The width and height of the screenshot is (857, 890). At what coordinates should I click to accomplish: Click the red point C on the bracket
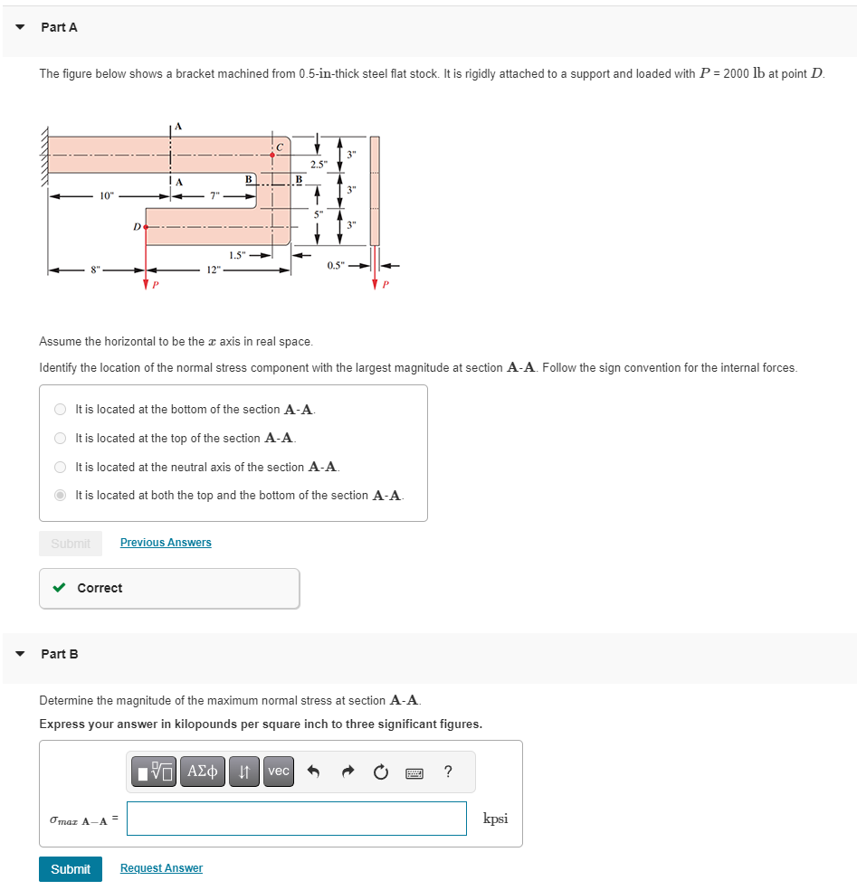tap(272, 155)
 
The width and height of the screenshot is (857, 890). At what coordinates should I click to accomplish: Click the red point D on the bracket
tap(145, 225)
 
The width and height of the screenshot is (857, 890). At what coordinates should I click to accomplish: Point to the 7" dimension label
tap(214, 196)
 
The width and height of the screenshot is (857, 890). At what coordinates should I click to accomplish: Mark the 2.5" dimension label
tap(318, 165)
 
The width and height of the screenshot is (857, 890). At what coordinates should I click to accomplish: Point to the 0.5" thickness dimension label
tap(336, 266)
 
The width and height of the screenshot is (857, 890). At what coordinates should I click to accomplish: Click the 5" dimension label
tap(318, 214)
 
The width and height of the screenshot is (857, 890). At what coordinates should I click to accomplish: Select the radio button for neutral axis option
tap(60, 467)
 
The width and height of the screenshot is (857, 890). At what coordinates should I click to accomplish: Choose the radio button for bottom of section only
tap(60, 409)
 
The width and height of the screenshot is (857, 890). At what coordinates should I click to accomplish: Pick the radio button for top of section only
tap(60, 438)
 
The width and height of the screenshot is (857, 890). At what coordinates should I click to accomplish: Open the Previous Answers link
tap(166, 543)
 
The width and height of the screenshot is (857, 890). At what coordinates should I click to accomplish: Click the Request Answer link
tap(161, 868)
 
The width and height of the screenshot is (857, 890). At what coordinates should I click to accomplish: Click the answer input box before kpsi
tap(297, 819)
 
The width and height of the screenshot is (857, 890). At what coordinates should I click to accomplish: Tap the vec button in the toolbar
tap(279, 771)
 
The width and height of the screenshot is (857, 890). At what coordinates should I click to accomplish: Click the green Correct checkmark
tap(59, 588)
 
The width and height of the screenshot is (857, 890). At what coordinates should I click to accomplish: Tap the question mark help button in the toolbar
tap(448, 771)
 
